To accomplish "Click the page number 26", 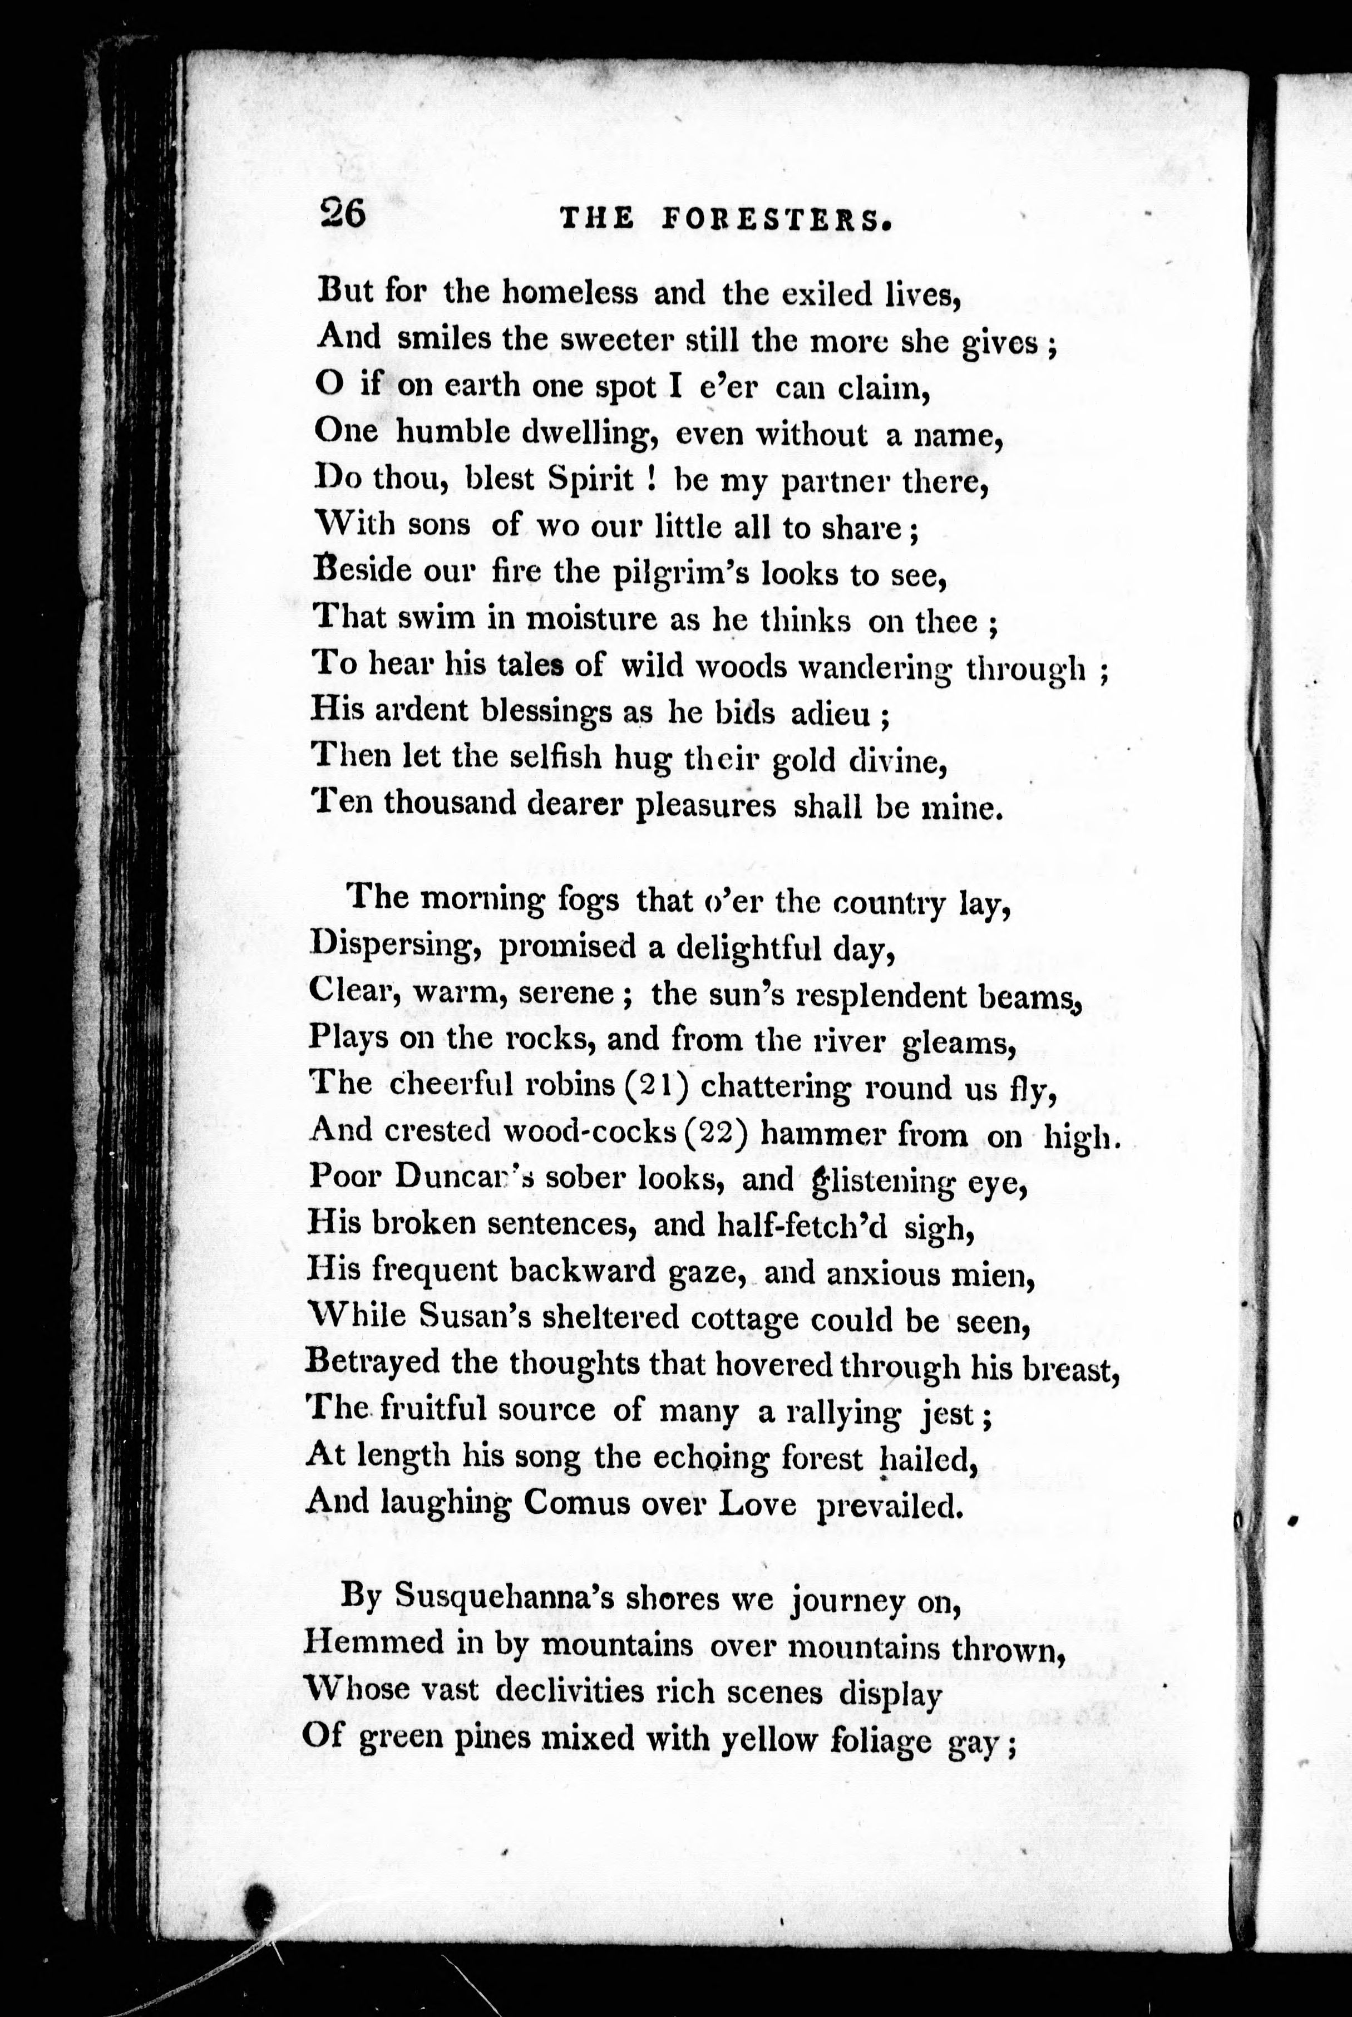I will [342, 213].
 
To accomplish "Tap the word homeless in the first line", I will [570, 293].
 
